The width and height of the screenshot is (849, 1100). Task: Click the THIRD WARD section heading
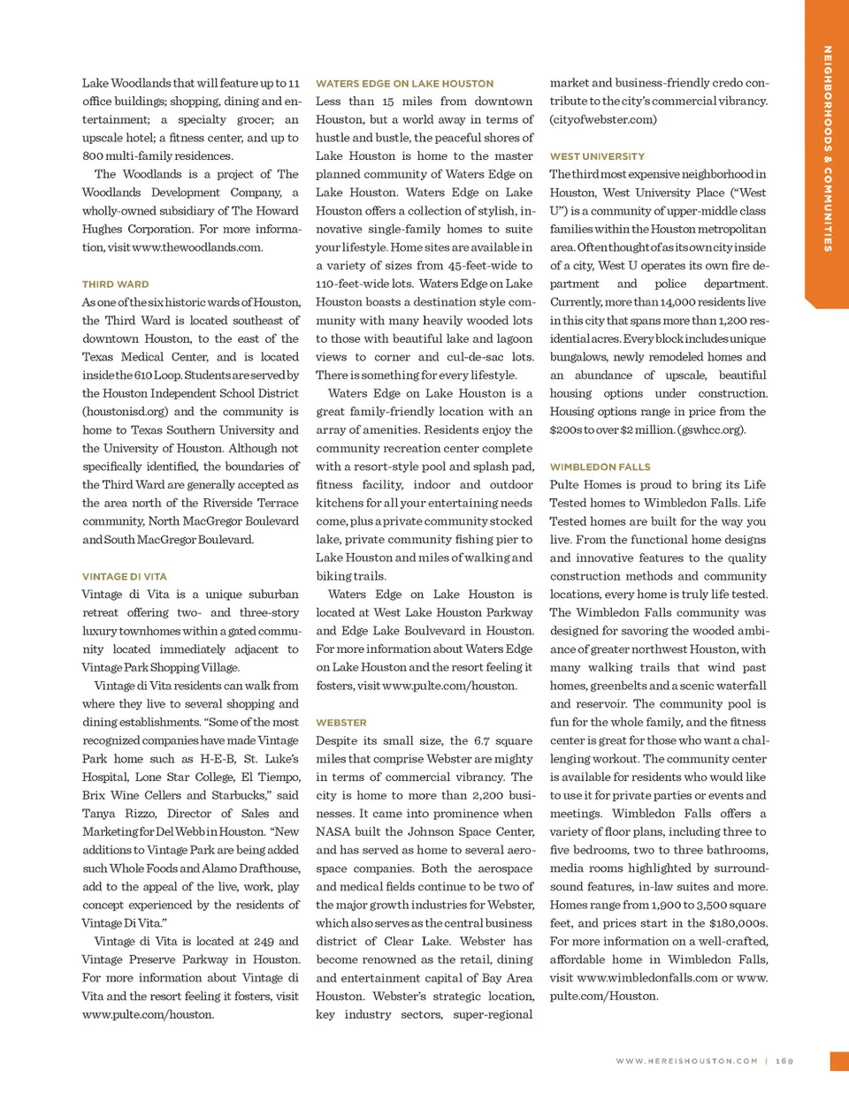[115, 284]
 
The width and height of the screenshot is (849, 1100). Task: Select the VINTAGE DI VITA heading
[124, 576]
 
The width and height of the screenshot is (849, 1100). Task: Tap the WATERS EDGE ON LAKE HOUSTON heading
[404, 84]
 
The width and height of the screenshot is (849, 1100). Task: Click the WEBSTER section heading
[340, 723]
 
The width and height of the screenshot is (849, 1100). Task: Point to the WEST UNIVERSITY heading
[597, 156]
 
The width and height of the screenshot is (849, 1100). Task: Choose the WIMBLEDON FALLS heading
[600, 467]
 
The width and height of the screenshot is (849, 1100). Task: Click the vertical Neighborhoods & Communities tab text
[828, 148]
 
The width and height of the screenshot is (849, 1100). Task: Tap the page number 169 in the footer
[784, 1061]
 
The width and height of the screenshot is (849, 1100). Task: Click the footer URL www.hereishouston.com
[687, 1061]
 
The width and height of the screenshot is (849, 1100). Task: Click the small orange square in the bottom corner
[839, 1061]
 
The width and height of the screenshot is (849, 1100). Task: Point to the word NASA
[333, 831]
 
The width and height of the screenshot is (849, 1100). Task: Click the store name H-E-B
[217, 759]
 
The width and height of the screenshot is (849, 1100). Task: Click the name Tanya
[99, 814]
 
